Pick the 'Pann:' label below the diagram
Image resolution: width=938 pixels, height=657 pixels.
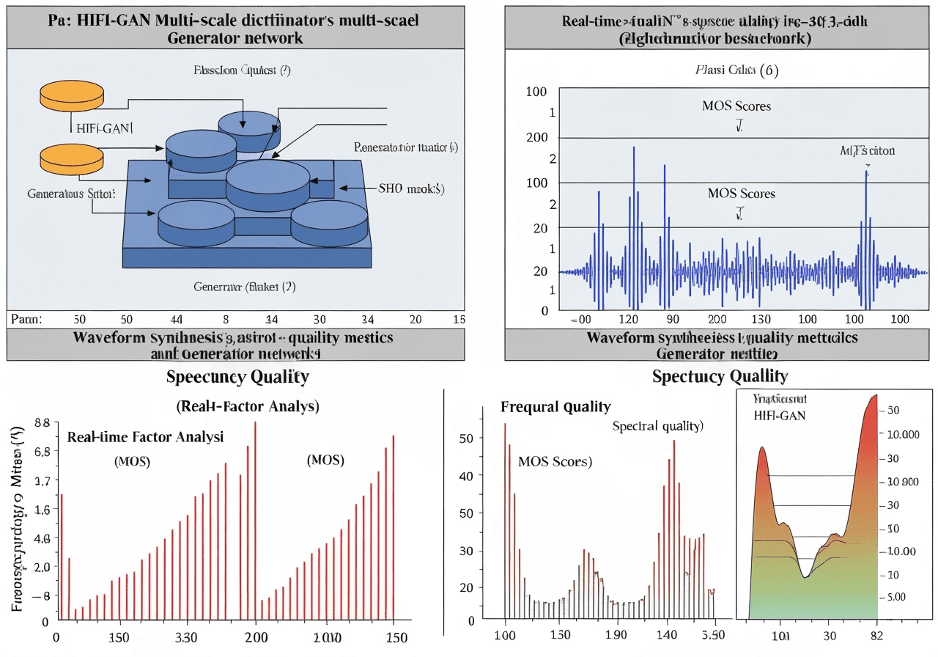coord(27,319)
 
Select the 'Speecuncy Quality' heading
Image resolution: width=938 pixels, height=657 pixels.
coord(237,377)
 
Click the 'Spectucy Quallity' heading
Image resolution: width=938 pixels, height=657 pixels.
coord(720,377)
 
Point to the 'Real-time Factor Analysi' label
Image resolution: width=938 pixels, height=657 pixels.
coord(145,437)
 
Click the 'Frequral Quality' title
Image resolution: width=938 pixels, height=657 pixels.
coord(555,407)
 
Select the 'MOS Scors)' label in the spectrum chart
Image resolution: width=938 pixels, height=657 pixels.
coord(555,462)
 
